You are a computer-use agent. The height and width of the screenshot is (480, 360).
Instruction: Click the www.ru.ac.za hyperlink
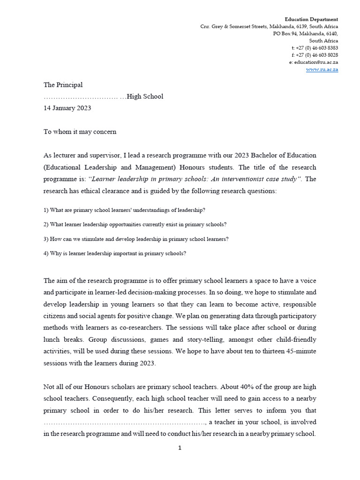322,69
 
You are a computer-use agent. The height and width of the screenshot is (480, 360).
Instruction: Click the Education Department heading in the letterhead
312,19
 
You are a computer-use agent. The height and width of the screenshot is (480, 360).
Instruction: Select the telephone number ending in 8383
315,48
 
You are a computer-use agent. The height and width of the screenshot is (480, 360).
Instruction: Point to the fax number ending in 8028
315,55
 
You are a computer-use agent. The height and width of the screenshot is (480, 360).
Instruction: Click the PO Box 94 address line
306,34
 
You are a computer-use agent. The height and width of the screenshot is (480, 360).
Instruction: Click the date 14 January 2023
67,108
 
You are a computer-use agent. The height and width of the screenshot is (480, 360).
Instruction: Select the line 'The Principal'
63,85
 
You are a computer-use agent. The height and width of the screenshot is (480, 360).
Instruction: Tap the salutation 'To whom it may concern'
80,132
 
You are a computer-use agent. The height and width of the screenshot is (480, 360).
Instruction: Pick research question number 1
124,210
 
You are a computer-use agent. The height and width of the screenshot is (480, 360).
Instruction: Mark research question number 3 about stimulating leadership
136,239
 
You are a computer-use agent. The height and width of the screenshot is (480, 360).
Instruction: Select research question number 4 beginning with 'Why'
115,254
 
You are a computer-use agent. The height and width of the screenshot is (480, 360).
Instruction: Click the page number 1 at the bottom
180,448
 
